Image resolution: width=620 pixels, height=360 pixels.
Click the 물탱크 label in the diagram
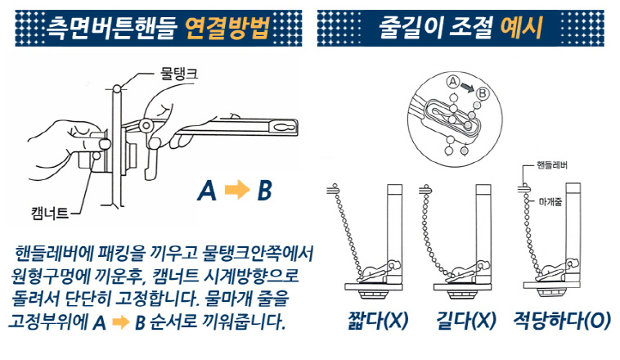(178, 74)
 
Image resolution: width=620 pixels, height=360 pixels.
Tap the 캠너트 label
(50, 214)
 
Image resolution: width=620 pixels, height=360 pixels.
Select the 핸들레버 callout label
(551, 165)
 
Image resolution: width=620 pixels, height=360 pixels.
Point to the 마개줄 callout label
(550, 202)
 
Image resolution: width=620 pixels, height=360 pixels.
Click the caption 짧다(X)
(378, 321)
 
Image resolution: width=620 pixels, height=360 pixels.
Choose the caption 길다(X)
(465, 321)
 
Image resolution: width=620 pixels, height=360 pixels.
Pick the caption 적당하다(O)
(562, 321)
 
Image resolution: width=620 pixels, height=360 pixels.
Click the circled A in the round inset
(453, 82)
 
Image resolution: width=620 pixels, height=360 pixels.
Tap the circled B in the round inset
(483, 94)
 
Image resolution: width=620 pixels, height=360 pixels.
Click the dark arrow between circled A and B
(467, 87)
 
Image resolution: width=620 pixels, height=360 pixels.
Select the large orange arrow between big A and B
(237, 190)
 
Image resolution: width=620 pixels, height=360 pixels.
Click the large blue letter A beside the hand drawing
(207, 191)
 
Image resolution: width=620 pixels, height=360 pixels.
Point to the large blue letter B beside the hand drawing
(264, 191)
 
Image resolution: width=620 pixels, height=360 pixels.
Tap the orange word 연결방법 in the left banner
(227, 28)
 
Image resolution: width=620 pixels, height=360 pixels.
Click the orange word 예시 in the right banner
(521, 27)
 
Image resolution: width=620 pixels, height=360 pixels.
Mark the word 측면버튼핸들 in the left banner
(111, 29)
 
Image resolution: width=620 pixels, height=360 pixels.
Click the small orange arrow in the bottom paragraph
(121, 322)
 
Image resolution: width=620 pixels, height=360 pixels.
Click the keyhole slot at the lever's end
(284, 128)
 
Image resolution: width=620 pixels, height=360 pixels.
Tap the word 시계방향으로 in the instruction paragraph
(250, 276)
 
